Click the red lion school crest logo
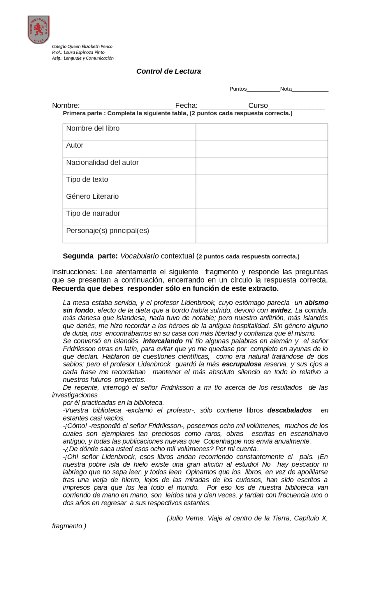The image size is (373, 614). (38, 29)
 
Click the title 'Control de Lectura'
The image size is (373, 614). (168, 71)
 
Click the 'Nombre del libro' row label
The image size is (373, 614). (93, 128)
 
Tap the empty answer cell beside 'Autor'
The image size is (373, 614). (261, 149)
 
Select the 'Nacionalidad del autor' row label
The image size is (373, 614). (102, 163)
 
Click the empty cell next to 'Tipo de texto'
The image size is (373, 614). (261, 184)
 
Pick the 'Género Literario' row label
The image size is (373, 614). (92, 197)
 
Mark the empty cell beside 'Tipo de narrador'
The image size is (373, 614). (261, 218)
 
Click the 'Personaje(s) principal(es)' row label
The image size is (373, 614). (108, 231)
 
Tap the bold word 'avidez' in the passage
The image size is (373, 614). (281, 310)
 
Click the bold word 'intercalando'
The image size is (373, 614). (163, 341)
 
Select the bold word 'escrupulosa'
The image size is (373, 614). (242, 364)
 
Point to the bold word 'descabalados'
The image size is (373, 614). (289, 410)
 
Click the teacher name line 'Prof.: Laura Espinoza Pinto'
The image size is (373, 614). (78, 52)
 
